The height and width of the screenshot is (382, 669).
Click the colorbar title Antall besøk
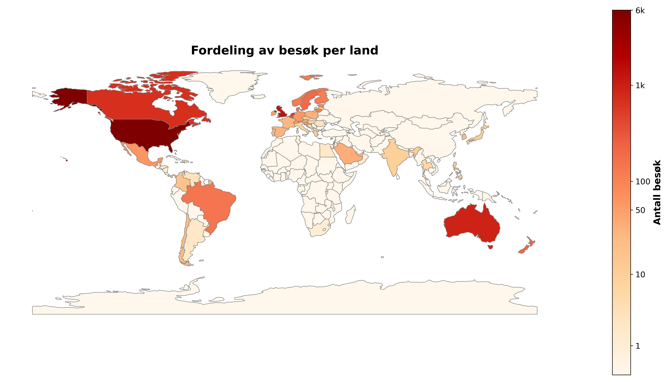[x=657, y=192]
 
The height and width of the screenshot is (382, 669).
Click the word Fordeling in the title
[x=223, y=51]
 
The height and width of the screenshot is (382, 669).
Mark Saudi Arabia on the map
[x=348, y=155]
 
